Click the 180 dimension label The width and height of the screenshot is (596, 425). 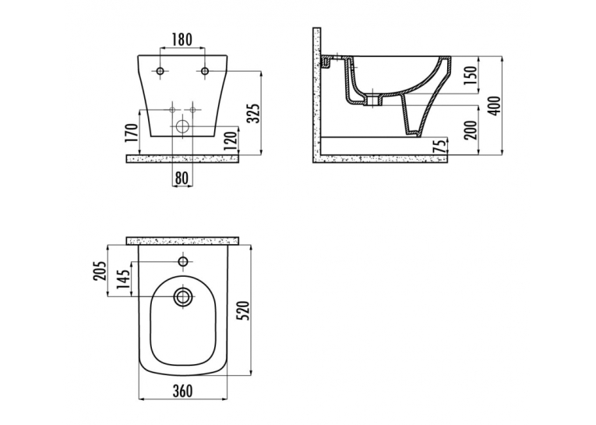pyautogui.click(x=182, y=40)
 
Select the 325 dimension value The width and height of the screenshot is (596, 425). pyautogui.click(x=253, y=113)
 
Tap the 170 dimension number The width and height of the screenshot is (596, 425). pyautogui.click(x=132, y=133)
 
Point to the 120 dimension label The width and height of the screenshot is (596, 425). pyautogui.click(x=232, y=140)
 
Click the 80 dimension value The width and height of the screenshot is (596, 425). pyautogui.click(x=182, y=178)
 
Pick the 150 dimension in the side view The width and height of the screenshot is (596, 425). pyautogui.click(x=471, y=76)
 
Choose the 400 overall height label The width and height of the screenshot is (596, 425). pyautogui.click(x=495, y=106)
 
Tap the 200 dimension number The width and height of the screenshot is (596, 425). pyautogui.click(x=471, y=130)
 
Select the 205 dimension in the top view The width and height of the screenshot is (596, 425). pyautogui.click(x=100, y=271)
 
